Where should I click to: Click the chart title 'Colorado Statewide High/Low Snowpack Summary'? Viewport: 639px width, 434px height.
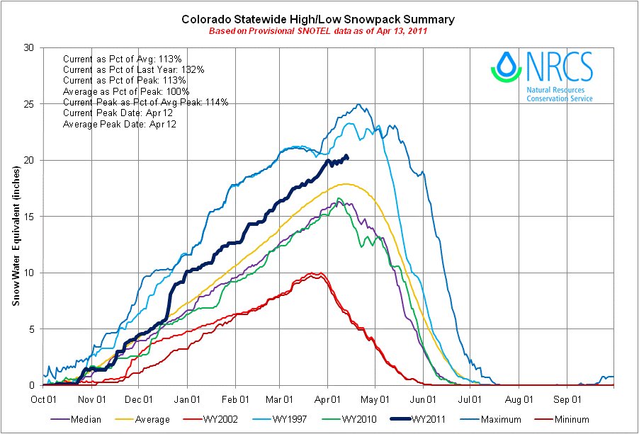click(x=319, y=19)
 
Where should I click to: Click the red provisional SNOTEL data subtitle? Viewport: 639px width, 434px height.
click(x=319, y=32)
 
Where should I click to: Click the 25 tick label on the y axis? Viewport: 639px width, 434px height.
click(x=28, y=104)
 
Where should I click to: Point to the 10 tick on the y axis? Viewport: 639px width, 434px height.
click(x=28, y=273)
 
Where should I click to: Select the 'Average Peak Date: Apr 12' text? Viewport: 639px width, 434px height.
click(x=120, y=124)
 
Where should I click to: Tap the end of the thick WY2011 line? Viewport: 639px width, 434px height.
click(x=346, y=157)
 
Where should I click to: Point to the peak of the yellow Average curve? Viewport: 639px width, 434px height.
click(x=347, y=184)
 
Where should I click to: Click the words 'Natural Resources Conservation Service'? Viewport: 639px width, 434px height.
click(x=560, y=94)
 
